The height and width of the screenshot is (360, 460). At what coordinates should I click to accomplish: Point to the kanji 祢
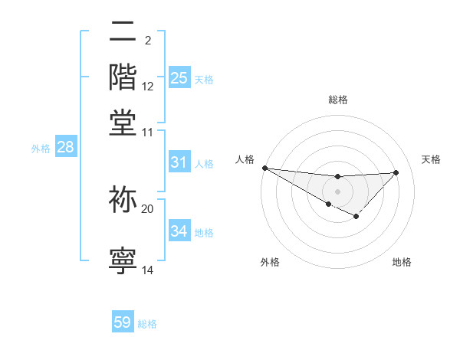(x=123, y=200)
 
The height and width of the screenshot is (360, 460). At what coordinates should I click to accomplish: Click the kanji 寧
(x=123, y=260)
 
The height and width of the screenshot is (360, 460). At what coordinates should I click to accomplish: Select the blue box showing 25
(x=179, y=77)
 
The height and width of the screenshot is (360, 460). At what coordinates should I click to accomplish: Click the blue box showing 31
(x=179, y=162)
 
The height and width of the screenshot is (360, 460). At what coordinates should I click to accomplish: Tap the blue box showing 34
(x=179, y=231)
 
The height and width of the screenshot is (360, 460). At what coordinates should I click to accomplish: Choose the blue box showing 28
(x=65, y=147)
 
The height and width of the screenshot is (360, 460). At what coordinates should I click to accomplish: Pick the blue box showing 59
(x=123, y=322)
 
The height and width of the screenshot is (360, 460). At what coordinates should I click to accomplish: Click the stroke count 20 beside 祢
(x=148, y=208)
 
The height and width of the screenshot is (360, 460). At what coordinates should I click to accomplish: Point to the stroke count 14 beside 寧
(x=148, y=270)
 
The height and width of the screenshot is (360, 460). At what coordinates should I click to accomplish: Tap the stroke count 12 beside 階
(x=148, y=86)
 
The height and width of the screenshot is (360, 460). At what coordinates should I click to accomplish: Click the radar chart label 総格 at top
(x=337, y=100)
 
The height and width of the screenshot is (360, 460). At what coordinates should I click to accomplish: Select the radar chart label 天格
(x=431, y=159)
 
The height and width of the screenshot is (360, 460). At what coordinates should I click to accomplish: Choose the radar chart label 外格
(x=270, y=262)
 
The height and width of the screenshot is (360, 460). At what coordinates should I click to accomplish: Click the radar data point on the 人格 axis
(x=264, y=168)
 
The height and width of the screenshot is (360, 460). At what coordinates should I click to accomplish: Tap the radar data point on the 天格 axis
(x=396, y=172)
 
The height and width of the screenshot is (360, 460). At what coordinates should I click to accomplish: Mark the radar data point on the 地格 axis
(x=356, y=217)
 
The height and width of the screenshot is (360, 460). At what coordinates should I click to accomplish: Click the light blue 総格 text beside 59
(x=147, y=324)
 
